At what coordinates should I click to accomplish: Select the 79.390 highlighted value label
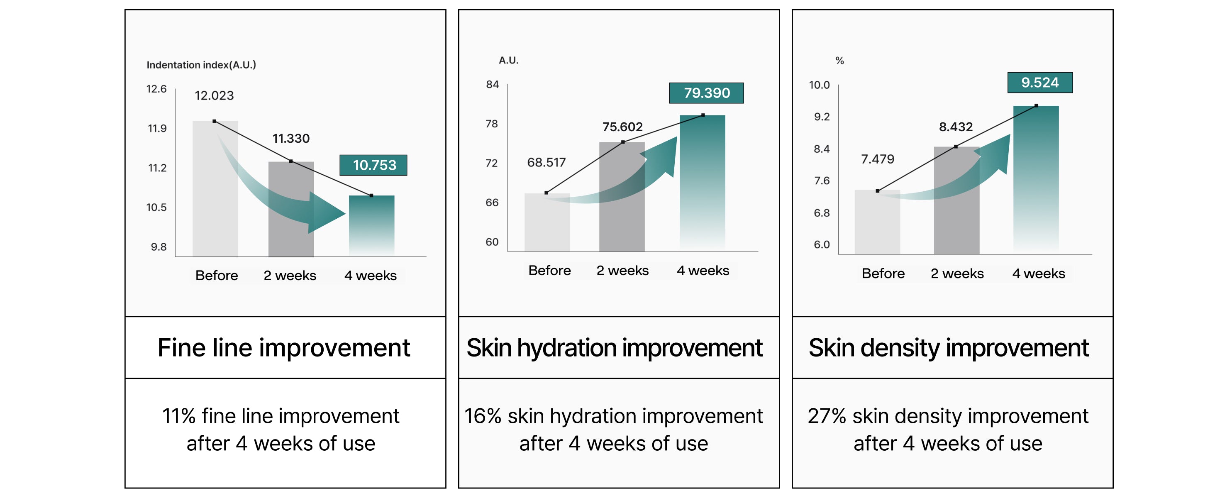706,93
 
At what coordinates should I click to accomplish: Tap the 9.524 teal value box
1039,83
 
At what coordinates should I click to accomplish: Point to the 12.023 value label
214,96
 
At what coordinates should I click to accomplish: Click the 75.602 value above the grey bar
622,127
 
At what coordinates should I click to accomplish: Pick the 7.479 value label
877,159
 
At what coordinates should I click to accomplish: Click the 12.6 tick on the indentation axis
156,89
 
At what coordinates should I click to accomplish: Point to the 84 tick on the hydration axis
493,84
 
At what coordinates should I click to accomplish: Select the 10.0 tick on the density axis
819,85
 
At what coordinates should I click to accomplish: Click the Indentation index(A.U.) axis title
201,65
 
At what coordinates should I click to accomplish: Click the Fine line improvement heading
284,348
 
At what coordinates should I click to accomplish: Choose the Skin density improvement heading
949,348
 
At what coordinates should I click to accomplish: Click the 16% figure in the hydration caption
483,416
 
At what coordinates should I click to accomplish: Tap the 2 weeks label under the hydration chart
622,271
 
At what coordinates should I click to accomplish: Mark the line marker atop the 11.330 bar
291,161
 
